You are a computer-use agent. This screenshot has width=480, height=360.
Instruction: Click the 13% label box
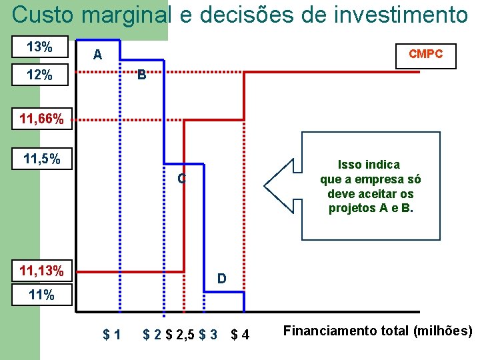[40, 47]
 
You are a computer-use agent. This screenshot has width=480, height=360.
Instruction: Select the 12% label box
[40, 75]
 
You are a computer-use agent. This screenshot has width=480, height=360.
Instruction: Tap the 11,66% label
[41, 120]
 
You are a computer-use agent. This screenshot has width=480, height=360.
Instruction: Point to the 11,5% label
[42, 159]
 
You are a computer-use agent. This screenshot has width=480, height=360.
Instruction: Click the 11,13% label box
[42, 271]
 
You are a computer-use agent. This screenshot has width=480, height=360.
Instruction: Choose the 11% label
[41, 295]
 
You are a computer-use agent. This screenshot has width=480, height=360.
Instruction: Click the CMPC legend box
[425, 55]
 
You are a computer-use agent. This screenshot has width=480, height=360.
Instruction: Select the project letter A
[97, 55]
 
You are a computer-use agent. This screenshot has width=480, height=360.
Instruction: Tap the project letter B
[141, 75]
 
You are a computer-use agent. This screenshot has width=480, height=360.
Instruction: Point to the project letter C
[181, 179]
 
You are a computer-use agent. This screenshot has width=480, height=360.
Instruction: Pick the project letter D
[222, 277]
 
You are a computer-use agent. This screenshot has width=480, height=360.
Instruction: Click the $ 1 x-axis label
[111, 334]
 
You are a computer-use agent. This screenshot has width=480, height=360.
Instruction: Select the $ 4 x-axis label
[240, 334]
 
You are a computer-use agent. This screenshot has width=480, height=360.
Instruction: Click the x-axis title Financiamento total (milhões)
[378, 331]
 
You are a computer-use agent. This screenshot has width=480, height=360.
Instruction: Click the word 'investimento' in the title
[396, 15]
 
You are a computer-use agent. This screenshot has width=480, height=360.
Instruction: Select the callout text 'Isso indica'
[369, 165]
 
